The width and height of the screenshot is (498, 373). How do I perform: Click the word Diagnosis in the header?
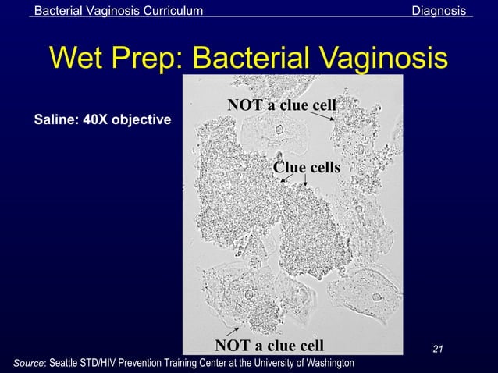tap(440, 10)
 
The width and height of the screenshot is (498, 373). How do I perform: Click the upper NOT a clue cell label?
tap(281, 105)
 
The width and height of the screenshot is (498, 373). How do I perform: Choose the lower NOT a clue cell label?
tap(269, 345)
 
